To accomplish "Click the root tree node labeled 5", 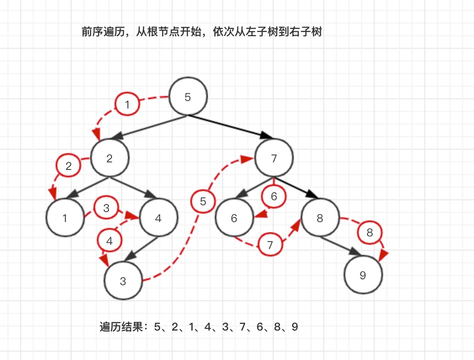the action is coord(188,97).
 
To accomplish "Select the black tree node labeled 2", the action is coord(110,158).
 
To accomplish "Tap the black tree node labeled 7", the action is coord(274,158).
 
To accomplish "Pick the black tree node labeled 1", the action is coord(65,218).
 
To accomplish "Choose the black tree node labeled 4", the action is coord(158,218).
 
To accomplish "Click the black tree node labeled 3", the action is coord(123,281).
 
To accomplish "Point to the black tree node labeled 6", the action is coord(234,218).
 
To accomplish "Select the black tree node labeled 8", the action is coord(320,218).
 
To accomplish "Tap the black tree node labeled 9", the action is coord(363,275).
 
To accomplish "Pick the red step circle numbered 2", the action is coord(69,166).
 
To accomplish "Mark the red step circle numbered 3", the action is coord(106,208).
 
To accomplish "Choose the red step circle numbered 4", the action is coord(110,241).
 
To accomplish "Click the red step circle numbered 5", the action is coord(203,201).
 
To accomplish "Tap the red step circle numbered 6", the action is coord(274,196).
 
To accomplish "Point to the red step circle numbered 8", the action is coord(370,233).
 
